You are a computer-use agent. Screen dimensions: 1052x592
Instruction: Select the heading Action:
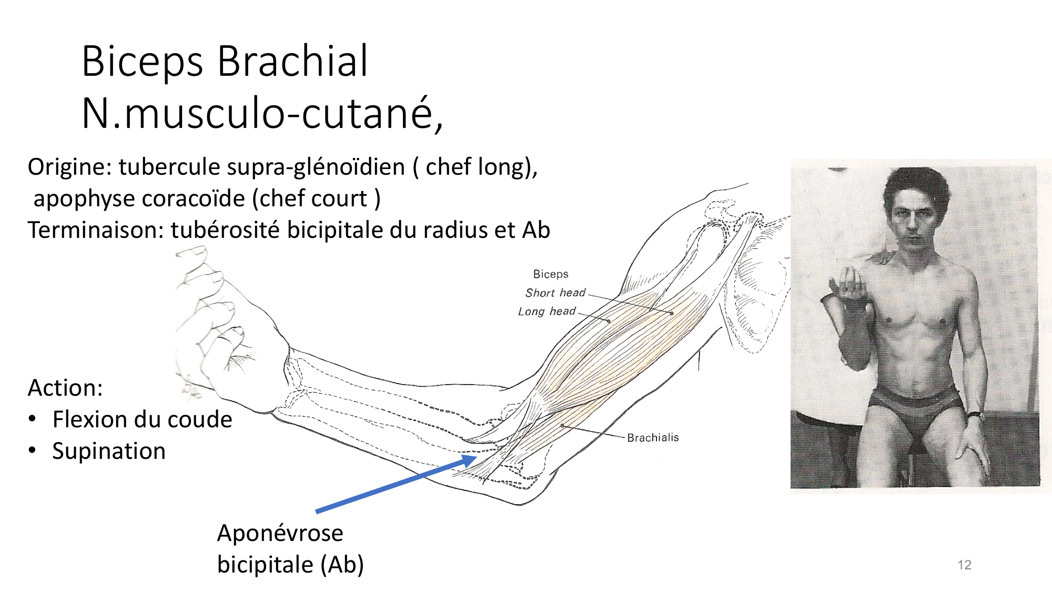65,388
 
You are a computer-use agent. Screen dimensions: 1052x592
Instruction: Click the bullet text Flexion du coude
142,419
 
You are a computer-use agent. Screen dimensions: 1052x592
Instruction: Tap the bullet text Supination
109,451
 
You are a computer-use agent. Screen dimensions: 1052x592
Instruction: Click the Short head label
555,293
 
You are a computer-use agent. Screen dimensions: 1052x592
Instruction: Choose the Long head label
547,311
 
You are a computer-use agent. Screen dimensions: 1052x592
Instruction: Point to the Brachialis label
653,437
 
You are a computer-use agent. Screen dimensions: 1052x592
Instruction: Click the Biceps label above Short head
551,274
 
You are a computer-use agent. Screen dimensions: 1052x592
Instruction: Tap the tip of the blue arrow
477,457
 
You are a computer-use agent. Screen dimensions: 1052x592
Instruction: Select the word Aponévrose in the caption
280,533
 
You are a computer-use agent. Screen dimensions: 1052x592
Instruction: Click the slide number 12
964,565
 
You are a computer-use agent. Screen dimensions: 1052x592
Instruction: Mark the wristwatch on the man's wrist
974,415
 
